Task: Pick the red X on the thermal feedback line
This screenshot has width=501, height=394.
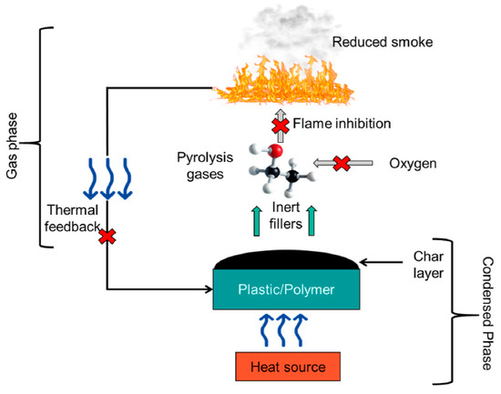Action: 107,237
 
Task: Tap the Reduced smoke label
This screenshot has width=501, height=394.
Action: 379,41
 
